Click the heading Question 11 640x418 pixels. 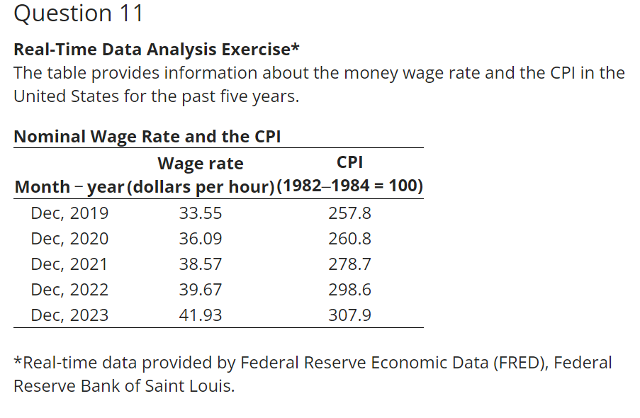coord(79,13)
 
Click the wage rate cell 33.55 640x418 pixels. coord(201,213)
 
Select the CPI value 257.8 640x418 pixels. coord(350,213)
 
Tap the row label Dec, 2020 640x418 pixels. coord(69,239)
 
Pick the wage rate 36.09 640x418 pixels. coord(201,239)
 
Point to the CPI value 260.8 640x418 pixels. coord(350,239)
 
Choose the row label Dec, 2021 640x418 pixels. coord(69,264)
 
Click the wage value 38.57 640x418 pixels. coord(201,264)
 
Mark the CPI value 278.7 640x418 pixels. coord(350,264)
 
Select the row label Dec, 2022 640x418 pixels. coord(69,290)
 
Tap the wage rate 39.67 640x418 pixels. coord(201,290)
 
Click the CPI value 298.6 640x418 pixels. coord(350,290)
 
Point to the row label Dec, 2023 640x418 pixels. coord(69,315)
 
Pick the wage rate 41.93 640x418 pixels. coord(201,315)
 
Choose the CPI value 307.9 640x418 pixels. coord(350,315)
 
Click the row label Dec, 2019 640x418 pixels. coord(69,213)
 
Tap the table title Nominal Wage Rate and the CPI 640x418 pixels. coord(147,137)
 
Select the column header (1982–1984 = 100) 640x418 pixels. coord(350,187)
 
